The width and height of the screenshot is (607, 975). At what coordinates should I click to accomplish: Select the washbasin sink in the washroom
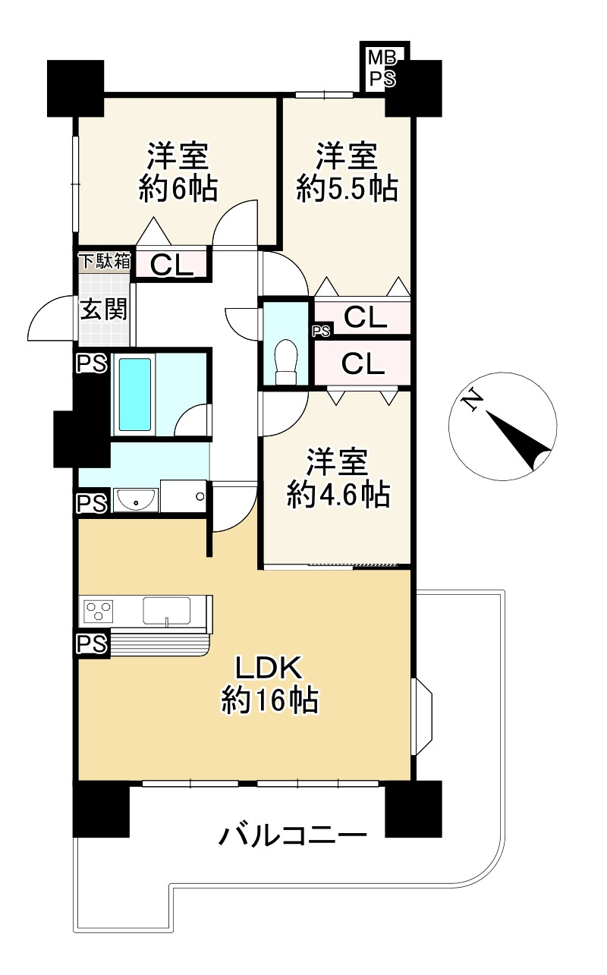[x=136, y=500]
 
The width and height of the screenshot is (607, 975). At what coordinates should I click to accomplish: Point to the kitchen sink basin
[x=166, y=610]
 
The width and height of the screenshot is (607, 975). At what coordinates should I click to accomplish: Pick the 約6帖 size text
[x=178, y=188]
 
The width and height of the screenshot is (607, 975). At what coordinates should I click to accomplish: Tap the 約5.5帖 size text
[x=347, y=188]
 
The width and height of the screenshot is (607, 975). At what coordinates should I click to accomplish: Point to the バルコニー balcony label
[x=293, y=837]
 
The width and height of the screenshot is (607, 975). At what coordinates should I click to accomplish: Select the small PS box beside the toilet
[x=321, y=331]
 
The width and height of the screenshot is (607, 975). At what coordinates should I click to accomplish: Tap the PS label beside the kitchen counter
[x=91, y=644]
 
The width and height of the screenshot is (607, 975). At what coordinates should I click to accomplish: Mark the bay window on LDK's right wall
[x=422, y=717]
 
